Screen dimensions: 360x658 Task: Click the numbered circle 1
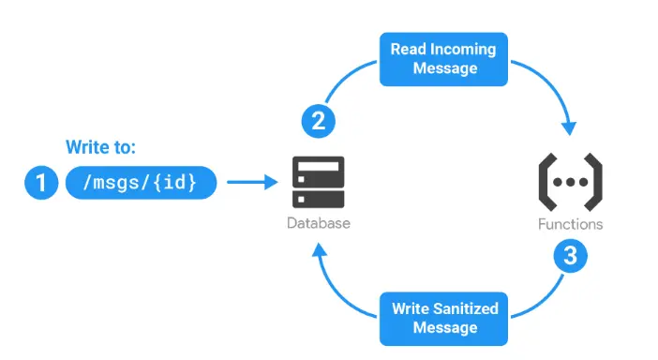click(x=39, y=183)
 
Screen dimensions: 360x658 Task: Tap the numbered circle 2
click(x=318, y=120)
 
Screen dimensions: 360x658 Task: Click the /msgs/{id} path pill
click(x=141, y=183)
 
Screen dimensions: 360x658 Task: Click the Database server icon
click(x=319, y=183)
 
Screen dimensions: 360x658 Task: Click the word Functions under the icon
click(x=570, y=224)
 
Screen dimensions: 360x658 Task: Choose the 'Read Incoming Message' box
click(x=438, y=59)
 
